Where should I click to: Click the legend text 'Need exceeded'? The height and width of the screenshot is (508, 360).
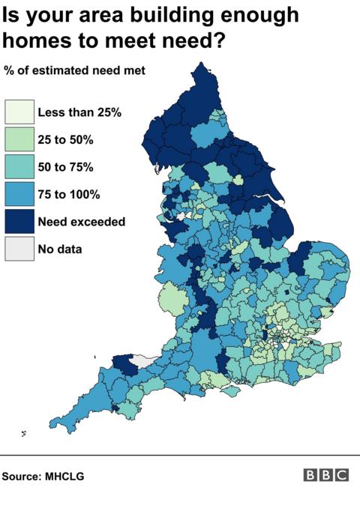[x=81, y=221]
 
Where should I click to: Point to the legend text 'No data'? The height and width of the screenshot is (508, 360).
[x=60, y=248]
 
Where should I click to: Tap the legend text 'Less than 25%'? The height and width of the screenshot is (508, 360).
[x=79, y=112]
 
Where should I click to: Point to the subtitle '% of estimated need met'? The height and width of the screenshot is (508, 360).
[x=74, y=71]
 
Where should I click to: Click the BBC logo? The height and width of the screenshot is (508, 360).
[x=326, y=475]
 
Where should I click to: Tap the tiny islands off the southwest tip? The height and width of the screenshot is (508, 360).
[x=23, y=432]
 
